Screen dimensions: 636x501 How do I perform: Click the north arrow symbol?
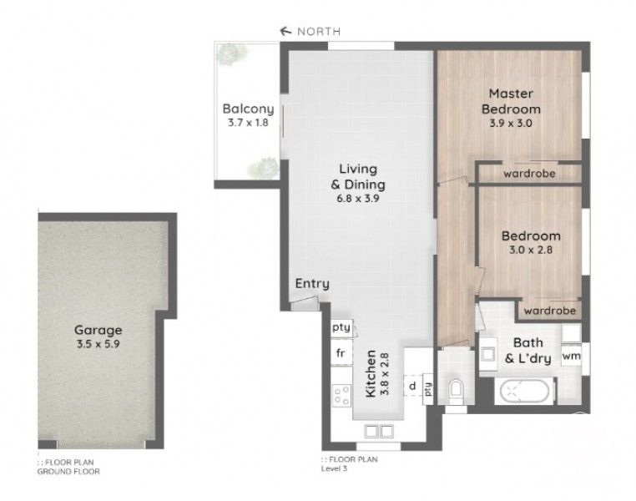(x=286, y=31)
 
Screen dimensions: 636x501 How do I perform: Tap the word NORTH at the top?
(x=319, y=31)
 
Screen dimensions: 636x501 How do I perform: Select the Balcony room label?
(x=248, y=109)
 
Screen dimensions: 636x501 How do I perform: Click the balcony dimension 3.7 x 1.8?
(x=248, y=123)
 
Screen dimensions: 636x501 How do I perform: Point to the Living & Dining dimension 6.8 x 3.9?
(x=358, y=199)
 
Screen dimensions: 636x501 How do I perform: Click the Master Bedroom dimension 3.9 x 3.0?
(x=511, y=123)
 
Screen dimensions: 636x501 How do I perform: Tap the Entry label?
(x=312, y=284)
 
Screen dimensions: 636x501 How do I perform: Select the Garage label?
(x=98, y=330)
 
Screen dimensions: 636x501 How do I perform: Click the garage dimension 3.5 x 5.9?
(x=98, y=344)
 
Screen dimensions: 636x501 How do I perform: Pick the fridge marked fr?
(x=341, y=353)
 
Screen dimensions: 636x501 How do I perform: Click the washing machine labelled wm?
(x=571, y=357)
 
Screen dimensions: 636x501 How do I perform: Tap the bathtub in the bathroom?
(x=524, y=392)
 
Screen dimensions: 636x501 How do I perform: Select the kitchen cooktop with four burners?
(x=341, y=395)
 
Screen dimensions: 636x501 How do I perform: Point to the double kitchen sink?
(x=378, y=431)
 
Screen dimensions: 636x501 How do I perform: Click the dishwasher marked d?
(x=413, y=385)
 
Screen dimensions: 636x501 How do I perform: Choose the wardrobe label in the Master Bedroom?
(x=529, y=174)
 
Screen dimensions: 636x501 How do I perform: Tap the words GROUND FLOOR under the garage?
(x=68, y=472)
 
